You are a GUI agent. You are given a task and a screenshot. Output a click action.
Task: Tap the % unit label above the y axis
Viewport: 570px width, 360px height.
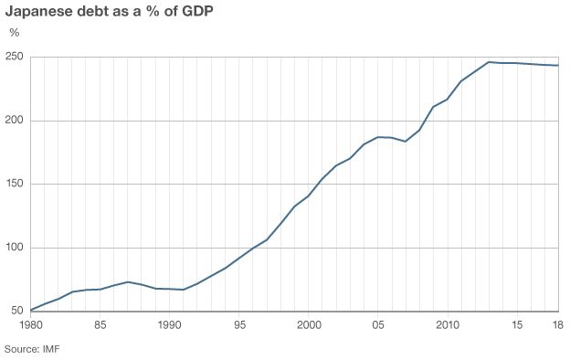point(14,32)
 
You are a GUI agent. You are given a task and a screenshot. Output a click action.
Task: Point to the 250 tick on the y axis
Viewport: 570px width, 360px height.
point(14,57)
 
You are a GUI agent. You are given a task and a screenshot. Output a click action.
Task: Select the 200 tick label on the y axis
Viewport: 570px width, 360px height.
point(14,121)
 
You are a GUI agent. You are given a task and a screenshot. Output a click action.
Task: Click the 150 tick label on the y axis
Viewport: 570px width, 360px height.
point(14,184)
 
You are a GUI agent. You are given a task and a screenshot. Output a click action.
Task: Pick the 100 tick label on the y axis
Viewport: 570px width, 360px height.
point(14,248)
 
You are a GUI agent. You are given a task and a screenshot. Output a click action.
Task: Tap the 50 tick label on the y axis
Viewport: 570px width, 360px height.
point(16,311)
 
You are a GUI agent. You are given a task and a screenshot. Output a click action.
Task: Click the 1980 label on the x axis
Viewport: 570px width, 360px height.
point(31,325)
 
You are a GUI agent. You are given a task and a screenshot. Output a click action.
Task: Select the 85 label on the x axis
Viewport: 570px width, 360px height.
point(100,325)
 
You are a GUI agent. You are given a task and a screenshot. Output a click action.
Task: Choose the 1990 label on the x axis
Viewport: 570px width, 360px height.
point(170,325)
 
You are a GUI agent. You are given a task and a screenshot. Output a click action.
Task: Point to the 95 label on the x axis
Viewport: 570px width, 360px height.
point(239,325)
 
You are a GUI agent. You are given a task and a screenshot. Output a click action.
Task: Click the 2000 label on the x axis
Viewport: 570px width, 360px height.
point(309,325)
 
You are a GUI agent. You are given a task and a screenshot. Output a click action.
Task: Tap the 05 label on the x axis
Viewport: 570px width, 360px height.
point(378,325)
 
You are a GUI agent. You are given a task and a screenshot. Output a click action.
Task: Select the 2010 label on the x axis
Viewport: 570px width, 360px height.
point(448,325)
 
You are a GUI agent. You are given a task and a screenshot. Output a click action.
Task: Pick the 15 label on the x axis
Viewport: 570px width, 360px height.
point(517,325)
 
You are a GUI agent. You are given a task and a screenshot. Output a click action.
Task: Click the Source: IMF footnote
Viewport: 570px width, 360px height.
point(32,349)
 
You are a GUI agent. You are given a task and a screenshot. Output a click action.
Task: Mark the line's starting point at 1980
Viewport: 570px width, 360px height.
point(31,310)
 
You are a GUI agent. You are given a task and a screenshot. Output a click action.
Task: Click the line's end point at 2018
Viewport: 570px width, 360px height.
point(558,65)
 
